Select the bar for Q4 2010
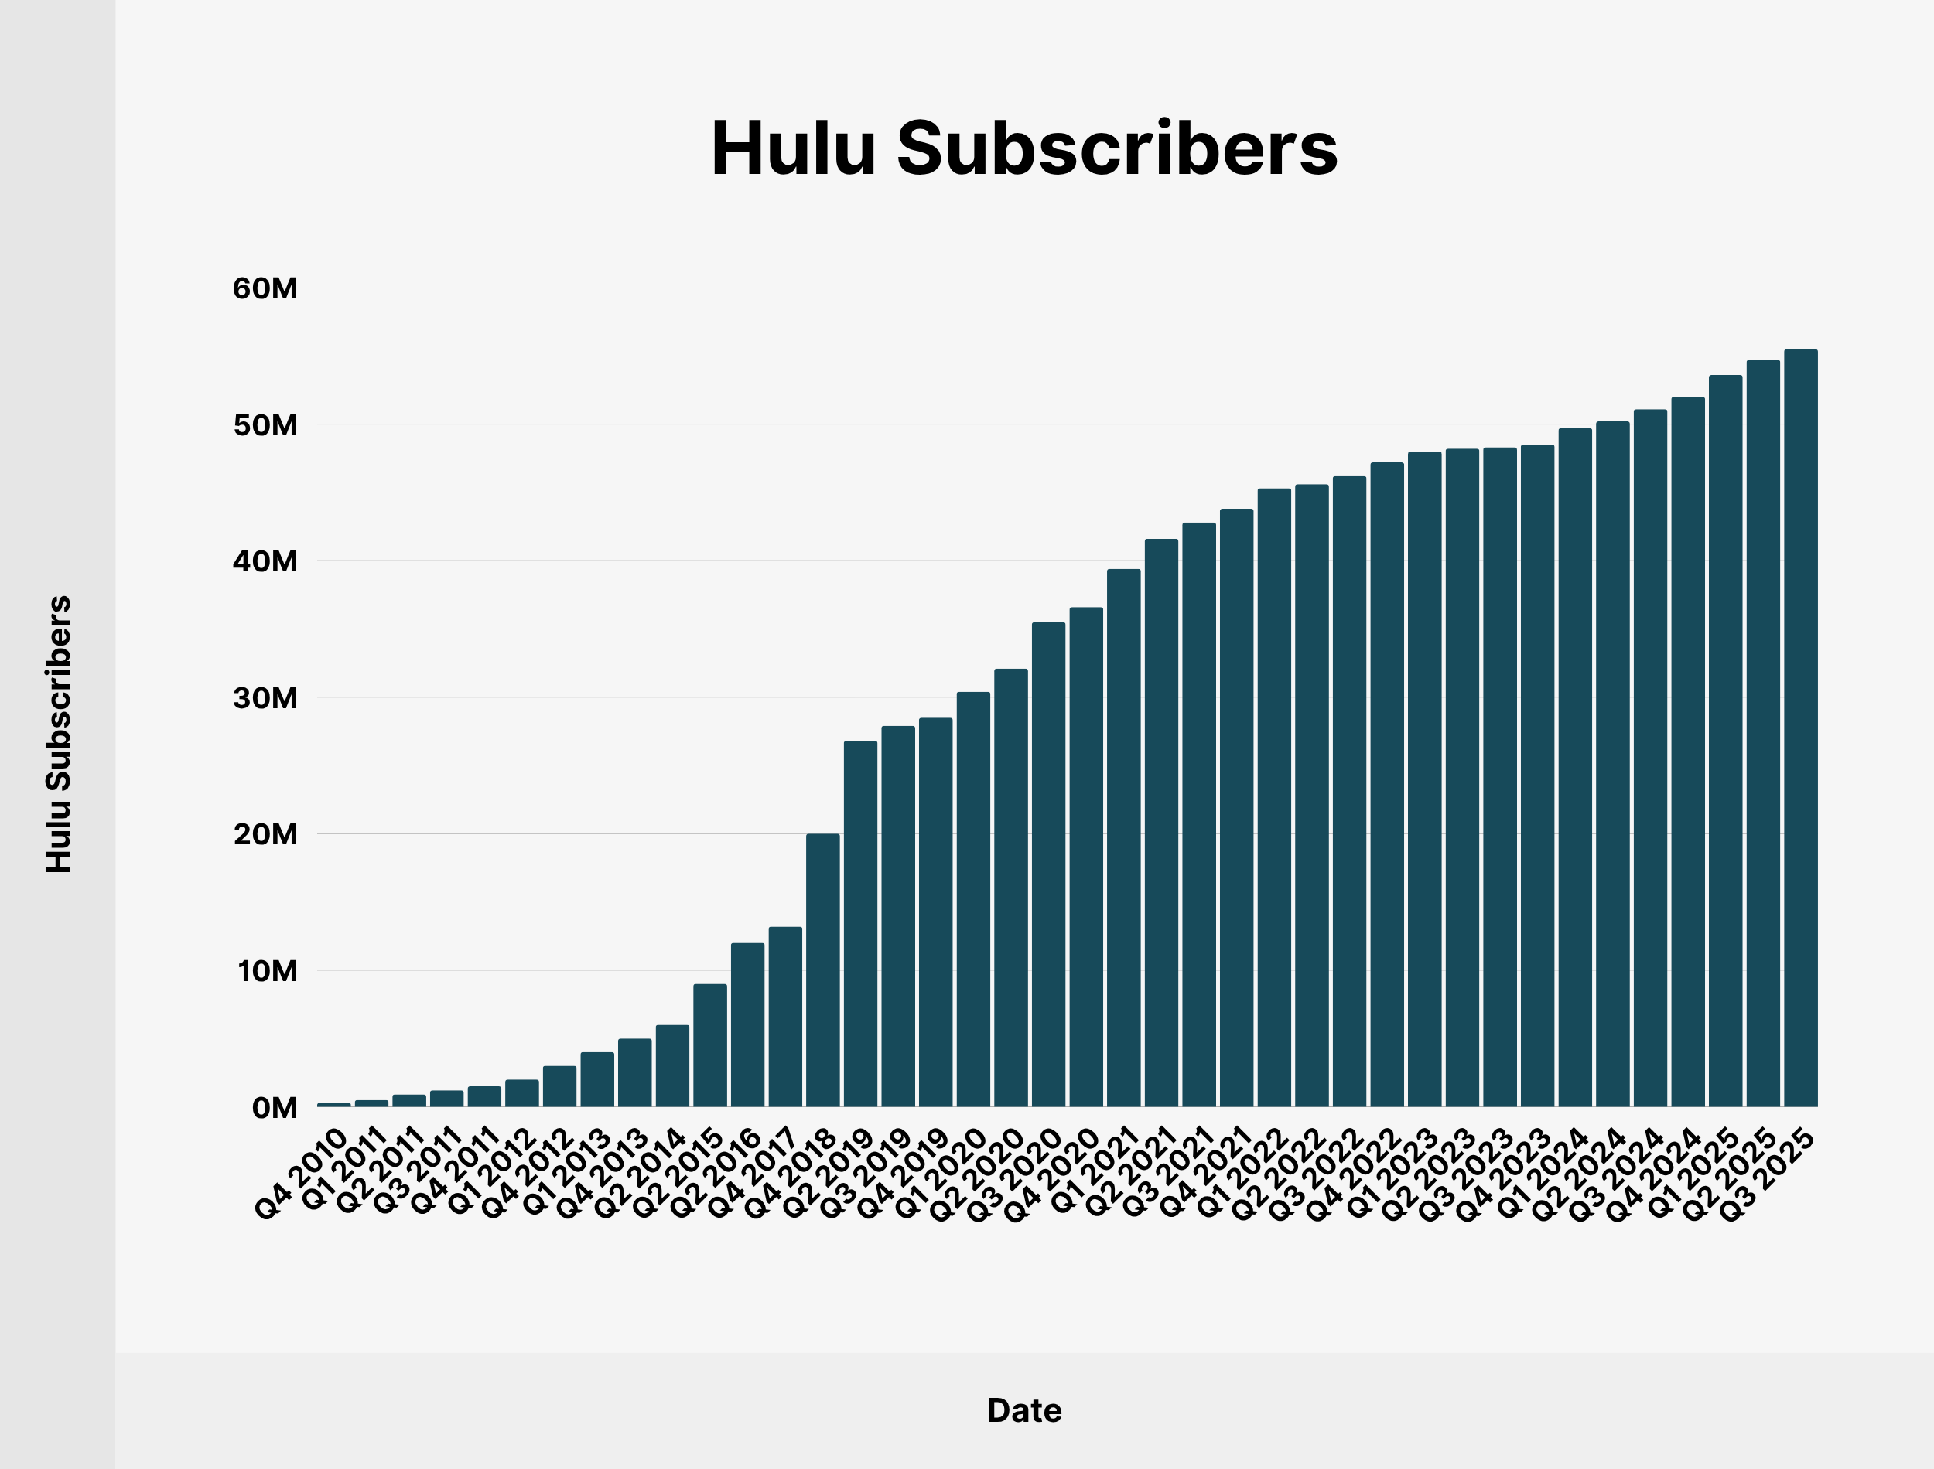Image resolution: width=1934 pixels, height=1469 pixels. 333,1104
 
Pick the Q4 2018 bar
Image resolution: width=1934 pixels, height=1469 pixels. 822,970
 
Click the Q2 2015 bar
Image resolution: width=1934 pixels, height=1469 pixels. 709,1045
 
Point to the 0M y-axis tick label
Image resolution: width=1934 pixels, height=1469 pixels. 274,1108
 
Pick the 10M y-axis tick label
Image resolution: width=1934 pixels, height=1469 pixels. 267,970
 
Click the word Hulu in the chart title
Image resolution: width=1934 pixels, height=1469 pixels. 792,148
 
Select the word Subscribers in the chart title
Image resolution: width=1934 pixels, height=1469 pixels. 1116,148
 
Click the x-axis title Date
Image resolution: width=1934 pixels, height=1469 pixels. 1023,1410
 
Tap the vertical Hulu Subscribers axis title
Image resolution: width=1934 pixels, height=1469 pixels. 59,734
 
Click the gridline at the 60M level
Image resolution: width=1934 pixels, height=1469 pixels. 1050,288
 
